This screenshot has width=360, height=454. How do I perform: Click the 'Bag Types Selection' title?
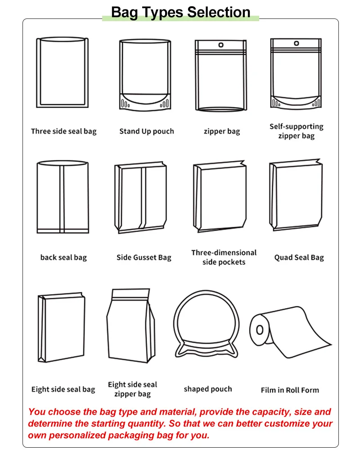coord(180,12)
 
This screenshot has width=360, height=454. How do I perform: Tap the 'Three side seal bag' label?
coord(63,132)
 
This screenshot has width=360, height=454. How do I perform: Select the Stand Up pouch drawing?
coord(145,74)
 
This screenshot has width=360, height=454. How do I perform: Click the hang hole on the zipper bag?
coord(221,45)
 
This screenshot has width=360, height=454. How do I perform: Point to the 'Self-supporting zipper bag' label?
coord(296,131)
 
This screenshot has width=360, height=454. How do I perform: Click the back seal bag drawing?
coord(62,197)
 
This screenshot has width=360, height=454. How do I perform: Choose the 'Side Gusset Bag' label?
coord(144,258)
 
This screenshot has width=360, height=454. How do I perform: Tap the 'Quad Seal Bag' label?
coord(299,258)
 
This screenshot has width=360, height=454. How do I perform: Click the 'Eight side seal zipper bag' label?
coord(132,389)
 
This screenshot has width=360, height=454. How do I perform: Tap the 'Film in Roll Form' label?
coord(290,390)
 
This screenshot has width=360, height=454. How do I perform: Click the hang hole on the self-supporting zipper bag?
coord(296,43)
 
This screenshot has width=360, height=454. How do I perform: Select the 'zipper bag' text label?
coord(222,132)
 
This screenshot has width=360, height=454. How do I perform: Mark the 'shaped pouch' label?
coord(208,389)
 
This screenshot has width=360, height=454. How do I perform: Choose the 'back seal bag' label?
coord(63,258)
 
